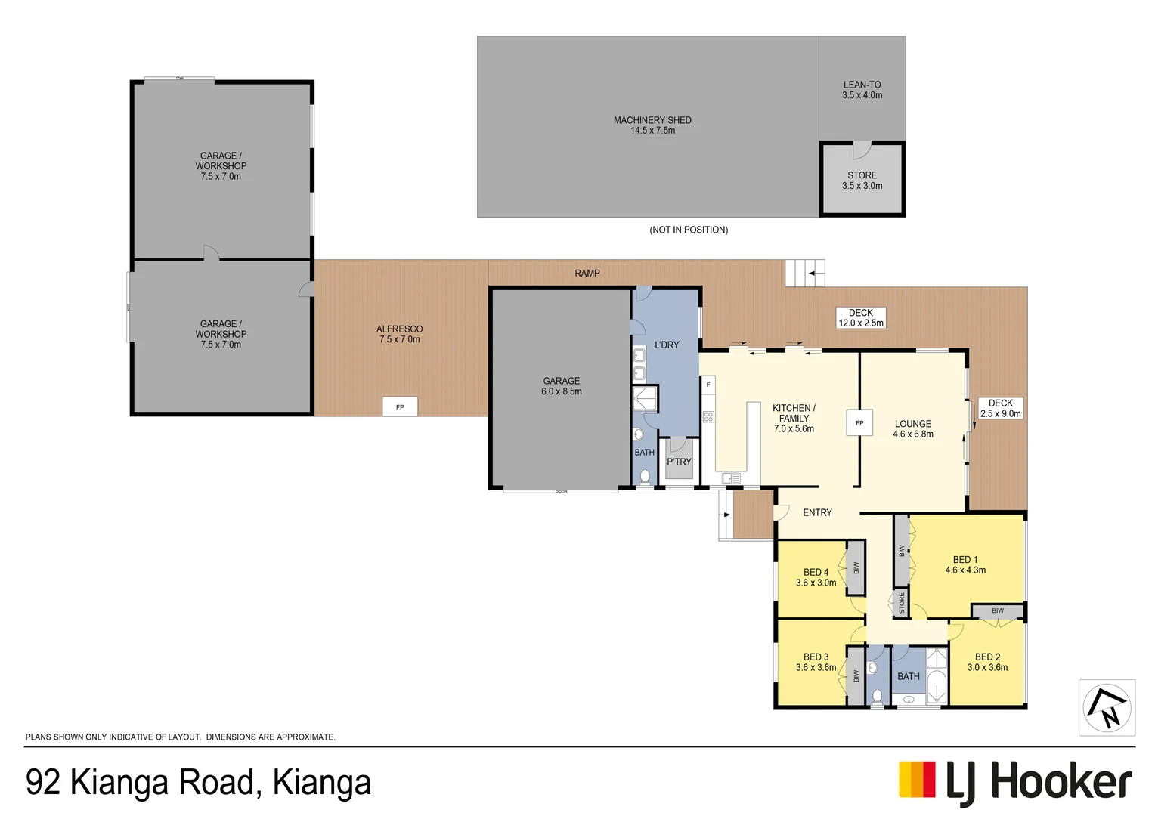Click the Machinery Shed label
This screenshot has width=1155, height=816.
(x=652, y=125)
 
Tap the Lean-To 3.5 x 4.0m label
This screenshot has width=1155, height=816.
(x=862, y=90)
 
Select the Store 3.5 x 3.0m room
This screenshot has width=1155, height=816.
(x=862, y=180)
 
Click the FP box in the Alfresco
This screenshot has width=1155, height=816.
(x=400, y=406)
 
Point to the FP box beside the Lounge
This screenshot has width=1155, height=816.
(x=859, y=422)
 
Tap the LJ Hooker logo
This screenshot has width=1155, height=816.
(x=1014, y=781)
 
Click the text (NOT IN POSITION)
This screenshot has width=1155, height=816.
(x=689, y=230)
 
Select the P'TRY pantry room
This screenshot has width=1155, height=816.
(x=678, y=461)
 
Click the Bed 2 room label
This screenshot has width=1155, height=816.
(x=987, y=662)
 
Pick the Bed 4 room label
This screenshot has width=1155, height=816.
(x=816, y=577)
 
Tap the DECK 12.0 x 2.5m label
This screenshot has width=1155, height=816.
(x=860, y=317)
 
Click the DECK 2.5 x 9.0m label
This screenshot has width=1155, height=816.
(x=1000, y=408)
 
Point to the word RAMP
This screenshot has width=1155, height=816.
(x=587, y=274)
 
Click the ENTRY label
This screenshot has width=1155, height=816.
(x=817, y=512)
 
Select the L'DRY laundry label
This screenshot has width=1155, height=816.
(x=666, y=345)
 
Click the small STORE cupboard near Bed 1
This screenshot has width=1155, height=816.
(x=901, y=603)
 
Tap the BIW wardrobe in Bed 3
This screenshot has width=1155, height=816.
(x=856, y=675)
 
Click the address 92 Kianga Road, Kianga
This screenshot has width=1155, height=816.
(x=198, y=782)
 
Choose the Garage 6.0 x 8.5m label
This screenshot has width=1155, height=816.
(x=561, y=386)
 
